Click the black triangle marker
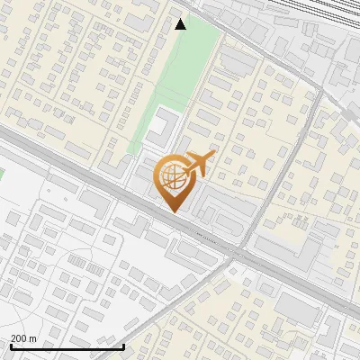[x=181, y=24]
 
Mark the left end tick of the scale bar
[x=10, y=346]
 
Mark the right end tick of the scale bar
[x=123, y=346]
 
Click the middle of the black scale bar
[x=67, y=347]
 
